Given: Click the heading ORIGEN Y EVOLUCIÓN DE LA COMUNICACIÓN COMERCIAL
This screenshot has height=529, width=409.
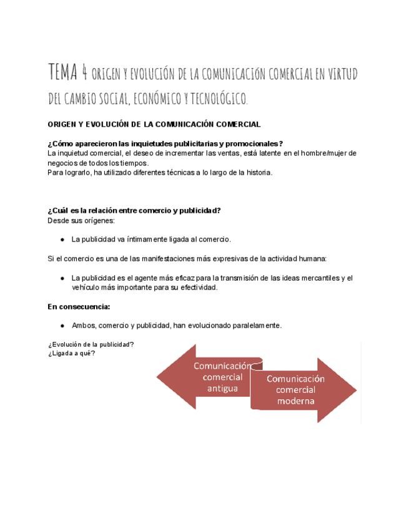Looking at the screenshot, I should click(x=154, y=125).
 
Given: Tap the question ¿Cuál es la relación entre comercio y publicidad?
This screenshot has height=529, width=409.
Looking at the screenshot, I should click(x=134, y=210).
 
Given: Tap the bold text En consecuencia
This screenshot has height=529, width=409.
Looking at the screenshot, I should click(x=79, y=306).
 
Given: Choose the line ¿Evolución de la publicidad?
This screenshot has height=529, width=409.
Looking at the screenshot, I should click(x=91, y=344).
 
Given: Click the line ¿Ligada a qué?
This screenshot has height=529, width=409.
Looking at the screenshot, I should click(x=71, y=353).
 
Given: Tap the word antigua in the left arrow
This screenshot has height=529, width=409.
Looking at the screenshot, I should click(x=222, y=388).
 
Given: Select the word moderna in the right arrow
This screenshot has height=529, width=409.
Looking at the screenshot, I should click(x=296, y=402).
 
